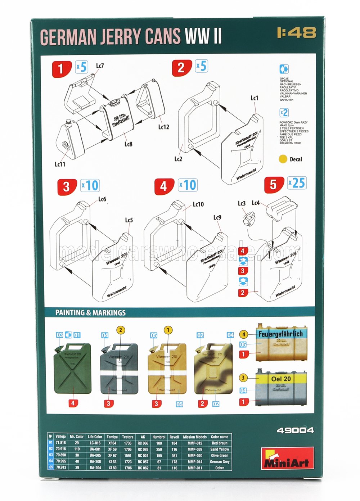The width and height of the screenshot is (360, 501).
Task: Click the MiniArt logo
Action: tap(287, 458)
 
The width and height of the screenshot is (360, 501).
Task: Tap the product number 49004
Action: tap(295, 430)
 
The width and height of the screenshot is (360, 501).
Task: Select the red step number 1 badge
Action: tap(60, 68)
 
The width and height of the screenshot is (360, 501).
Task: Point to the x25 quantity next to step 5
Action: tap(297, 183)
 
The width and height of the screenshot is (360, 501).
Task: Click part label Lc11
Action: tap(60, 164)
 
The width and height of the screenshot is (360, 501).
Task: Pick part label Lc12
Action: tap(163, 127)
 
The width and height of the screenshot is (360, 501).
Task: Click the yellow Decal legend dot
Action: tap(283, 159)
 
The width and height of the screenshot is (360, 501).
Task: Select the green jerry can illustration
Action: tap(72, 369)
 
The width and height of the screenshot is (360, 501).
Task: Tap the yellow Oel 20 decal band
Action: tap(281, 379)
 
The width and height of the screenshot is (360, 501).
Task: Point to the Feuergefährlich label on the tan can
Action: tap(280, 334)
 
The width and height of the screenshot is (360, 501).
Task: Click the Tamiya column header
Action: tap(112, 437)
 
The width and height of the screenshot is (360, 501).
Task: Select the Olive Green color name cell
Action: tap(219, 455)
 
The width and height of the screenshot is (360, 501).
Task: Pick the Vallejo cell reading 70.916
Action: tap(60, 449)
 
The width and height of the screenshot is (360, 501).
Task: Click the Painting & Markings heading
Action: tap(90, 312)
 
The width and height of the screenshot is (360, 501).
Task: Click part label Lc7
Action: tap(100, 66)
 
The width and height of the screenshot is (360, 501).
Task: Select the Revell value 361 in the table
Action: tap(174, 455)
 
